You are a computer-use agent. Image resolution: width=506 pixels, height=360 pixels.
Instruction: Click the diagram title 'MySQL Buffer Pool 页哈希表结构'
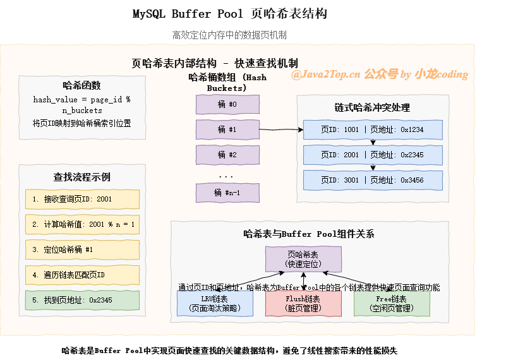[x=230, y=14]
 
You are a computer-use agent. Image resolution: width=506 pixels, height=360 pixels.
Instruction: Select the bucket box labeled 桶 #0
[x=227, y=104]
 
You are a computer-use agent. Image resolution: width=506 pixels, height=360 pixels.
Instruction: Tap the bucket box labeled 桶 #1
[x=227, y=129]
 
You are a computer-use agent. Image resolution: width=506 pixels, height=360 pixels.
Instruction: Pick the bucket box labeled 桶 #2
[x=227, y=155]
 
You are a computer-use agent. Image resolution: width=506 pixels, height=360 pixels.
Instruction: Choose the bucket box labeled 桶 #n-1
[x=227, y=193]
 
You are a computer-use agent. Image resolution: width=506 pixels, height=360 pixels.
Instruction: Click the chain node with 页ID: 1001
[x=373, y=129]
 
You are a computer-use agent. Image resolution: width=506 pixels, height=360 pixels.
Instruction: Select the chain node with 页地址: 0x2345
[x=373, y=155]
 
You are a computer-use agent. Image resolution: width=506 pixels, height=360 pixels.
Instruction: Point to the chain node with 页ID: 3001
[x=373, y=180]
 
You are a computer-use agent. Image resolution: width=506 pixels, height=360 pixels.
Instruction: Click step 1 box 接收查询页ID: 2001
[x=82, y=199]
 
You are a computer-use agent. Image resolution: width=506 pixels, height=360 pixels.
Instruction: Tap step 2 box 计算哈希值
[x=82, y=224]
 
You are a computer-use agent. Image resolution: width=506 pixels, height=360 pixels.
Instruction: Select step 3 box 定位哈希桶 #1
[x=82, y=249]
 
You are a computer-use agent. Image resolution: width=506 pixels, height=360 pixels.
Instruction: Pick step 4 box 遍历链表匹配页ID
[x=82, y=275]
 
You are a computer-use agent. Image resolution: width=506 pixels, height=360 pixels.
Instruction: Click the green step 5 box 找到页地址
[x=82, y=300]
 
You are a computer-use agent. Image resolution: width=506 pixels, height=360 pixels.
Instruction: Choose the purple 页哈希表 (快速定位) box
[x=303, y=259]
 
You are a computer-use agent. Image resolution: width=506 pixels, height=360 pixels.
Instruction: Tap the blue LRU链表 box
[x=215, y=304]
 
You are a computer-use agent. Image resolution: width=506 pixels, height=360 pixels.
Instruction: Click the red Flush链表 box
[x=303, y=304]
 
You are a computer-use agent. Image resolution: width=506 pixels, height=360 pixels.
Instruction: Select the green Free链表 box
[x=392, y=304]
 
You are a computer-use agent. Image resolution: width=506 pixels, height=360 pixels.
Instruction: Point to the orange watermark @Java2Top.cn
[x=325, y=75]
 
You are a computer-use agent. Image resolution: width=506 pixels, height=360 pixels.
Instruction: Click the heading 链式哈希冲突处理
[x=372, y=107]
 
